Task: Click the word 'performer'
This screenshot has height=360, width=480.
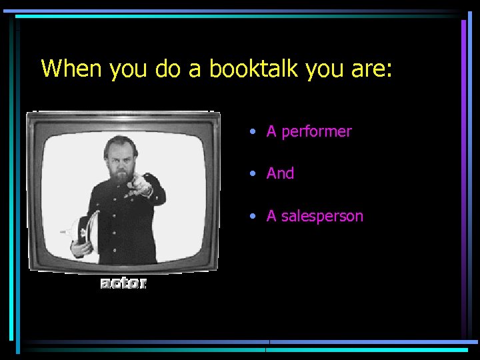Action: point(316,132)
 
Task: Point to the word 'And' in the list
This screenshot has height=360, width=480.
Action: point(280,173)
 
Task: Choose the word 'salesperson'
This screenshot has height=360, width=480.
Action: point(322,216)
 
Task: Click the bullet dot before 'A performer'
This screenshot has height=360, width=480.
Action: point(253,132)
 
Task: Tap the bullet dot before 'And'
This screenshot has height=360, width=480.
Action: point(253,173)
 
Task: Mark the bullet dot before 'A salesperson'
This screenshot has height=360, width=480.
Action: point(253,216)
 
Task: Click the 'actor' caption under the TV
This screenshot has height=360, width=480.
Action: point(123,283)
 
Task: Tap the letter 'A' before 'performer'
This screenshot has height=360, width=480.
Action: point(271,132)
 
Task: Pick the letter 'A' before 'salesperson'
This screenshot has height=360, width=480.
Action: point(271,216)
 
